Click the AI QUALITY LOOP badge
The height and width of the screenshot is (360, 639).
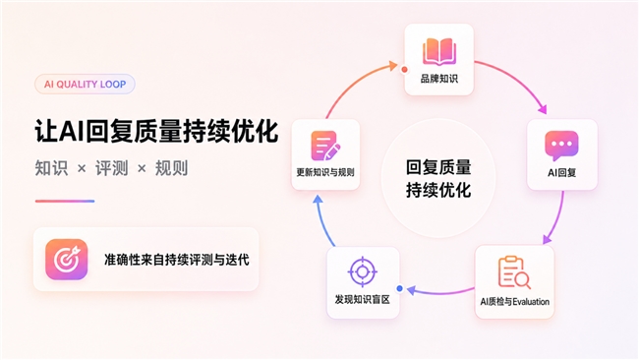85,84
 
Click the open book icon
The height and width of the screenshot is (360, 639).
438,52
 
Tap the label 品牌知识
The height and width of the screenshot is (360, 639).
438,79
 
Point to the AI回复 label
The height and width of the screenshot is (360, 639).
561,173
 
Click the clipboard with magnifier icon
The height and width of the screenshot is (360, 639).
514,272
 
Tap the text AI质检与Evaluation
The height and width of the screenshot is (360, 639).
514,302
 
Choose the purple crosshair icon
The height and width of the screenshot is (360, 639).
363,271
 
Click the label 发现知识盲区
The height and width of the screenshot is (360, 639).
363,300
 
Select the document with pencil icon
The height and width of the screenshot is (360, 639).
325,146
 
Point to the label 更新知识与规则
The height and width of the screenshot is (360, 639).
325,172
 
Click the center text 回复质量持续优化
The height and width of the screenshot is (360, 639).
438,179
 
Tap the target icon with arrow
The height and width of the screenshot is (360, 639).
67,260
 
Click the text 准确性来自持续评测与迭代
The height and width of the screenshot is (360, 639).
176,260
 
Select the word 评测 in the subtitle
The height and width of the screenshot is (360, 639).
112,168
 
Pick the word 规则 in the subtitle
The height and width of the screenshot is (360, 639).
172,168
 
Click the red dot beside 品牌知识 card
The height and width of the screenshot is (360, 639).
404,69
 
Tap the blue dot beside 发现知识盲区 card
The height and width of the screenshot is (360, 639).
400,288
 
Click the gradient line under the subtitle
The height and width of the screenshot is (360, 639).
65,201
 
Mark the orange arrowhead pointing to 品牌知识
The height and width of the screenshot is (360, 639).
393,65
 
